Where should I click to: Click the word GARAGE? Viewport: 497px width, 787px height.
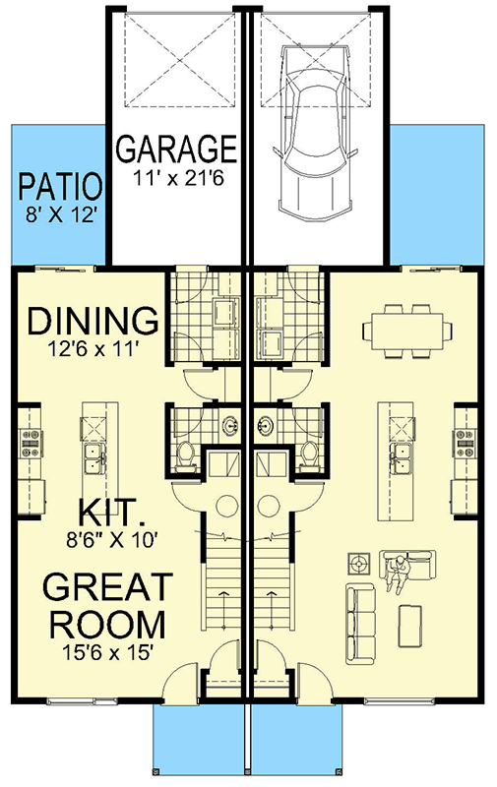pyautogui.click(x=177, y=150)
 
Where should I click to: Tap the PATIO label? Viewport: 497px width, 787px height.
pyautogui.click(x=60, y=185)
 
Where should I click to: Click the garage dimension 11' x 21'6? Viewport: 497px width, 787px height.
pyautogui.click(x=177, y=179)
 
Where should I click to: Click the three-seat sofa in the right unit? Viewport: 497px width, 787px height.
pyautogui.click(x=360, y=621)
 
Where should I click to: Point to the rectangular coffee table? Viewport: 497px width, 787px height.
pyautogui.click(x=414, y=625)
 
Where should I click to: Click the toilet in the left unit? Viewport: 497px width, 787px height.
pyautogui.click(x=186, y=454)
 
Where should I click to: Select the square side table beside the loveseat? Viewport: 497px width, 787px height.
pyautogui.click(x=359, y=565)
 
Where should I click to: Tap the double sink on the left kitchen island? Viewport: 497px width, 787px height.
pyautogui.click(x=94, y=454)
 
